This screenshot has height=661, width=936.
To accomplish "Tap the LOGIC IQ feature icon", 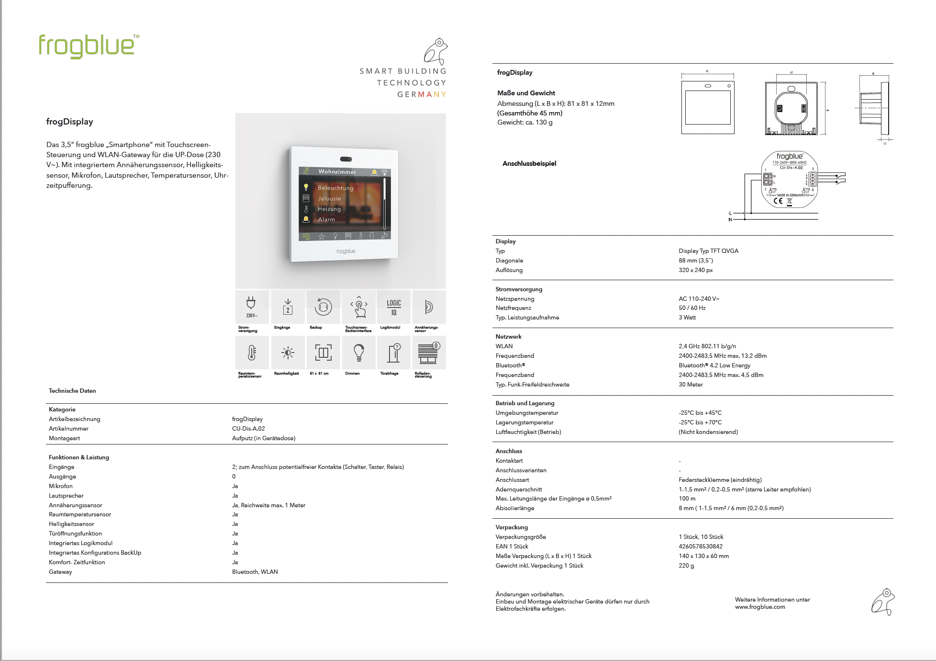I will (394, 307).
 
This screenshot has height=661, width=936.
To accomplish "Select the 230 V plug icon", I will (251, 307).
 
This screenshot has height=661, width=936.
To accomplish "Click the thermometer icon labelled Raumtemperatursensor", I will (252, 353).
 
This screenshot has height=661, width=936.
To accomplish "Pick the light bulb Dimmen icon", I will (358, 353).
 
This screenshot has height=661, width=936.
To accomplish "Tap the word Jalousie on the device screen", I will (329, 198).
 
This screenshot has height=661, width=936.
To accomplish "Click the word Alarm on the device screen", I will (326, 219).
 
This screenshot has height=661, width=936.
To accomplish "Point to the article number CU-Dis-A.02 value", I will (248, 429).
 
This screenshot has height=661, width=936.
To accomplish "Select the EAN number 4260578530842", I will (701, 547).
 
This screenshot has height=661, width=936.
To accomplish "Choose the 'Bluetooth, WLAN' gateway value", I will (255, 572).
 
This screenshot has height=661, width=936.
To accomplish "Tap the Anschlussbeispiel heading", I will (529, 163).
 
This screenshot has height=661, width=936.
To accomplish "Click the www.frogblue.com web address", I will (760, 607).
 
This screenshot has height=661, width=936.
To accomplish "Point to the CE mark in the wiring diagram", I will (778, 201).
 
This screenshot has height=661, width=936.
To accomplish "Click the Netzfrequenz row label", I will (513, 308).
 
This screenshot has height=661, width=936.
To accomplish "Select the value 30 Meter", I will (691, 385).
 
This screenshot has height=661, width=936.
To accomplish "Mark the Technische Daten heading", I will (72, 391).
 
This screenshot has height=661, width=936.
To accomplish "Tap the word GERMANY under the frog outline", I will (422, 94).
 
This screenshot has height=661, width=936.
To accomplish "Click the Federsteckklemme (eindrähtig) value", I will (720, 480).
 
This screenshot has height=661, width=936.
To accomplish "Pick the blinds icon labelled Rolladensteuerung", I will (429, 353).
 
